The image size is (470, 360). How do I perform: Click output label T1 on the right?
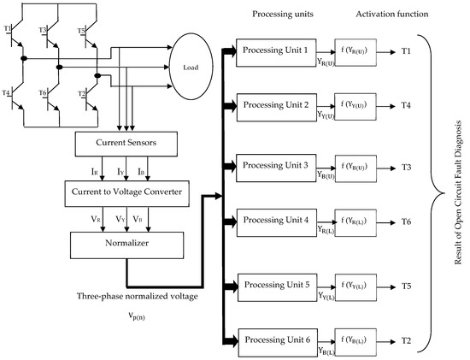[406, 51]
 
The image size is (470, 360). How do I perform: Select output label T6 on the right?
[406, 221]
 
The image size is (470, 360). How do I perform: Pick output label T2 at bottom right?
[406, 339]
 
